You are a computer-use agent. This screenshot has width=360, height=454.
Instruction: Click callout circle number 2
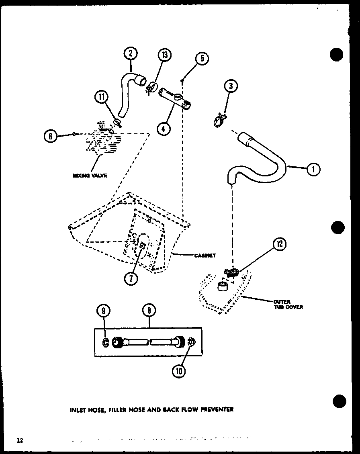[131, 54]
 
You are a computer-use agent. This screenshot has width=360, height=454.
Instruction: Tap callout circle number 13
[165, 55]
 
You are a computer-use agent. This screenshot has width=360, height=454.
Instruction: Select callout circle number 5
[202, 59]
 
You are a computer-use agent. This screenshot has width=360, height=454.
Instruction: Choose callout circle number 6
[51, 136]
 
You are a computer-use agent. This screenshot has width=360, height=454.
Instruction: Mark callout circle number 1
[313, 170]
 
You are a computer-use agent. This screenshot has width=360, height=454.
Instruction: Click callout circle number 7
[131, 278]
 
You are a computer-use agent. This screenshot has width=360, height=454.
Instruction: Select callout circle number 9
[103, 311]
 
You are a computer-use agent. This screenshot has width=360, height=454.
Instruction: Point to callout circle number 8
[149, 311]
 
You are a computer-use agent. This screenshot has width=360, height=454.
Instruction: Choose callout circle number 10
[179, 371]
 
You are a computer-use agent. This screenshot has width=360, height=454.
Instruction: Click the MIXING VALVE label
[90, 176]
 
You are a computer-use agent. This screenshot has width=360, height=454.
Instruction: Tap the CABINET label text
[205, 255]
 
